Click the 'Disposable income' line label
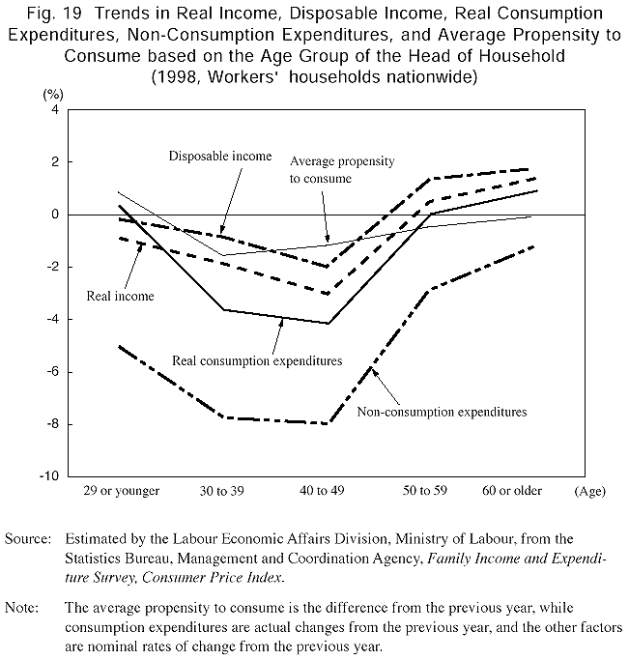[x=219, y=156]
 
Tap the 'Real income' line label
[x=121, y=296]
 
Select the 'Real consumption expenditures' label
[x=257, y=360]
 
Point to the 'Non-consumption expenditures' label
[x=443, y=412]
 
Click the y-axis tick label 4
[x=54, y=110]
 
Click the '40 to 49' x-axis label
[x=328, y=491]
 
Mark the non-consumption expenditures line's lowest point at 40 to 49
[x=329, y=423]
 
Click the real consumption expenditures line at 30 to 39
[x=224, y=310]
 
